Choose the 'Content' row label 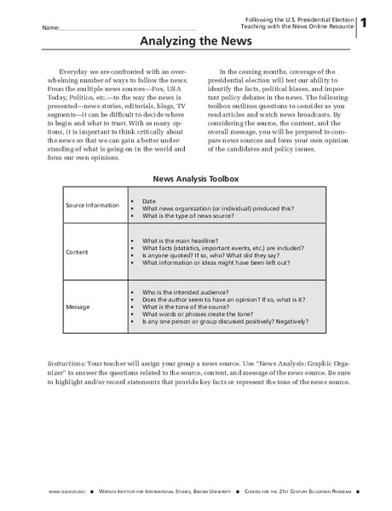[x=78, y=253]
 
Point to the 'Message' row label [x=79, y=307]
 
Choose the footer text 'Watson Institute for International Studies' [x=170, y=493]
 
